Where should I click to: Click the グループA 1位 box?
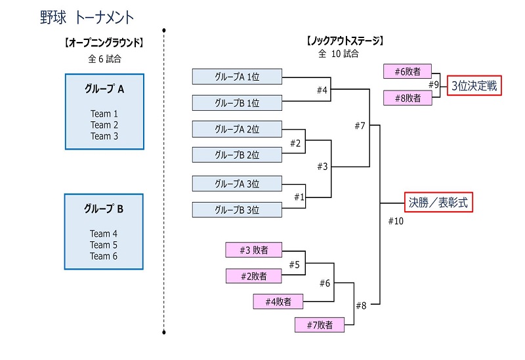pyautogui.click(x=237, y=77)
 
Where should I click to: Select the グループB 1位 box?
pyautogui.click(x=237, y=103)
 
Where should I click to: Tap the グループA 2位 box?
pyautogui.click(x=237, y=129)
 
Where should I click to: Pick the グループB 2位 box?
pyautogui.click(x=237, y=155)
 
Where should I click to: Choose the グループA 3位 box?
pyautogui.click(x=237, y=183)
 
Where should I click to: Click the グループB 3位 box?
pyautogui.click(x=237, y=210)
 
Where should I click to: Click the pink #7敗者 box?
pyautogui.click(x=320, y=325)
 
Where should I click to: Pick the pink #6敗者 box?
pyautogui.click(x=408, y=71)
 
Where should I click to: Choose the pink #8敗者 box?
pyautogui.click(x=408, y=98)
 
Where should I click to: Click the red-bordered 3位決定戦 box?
pyautogui.click(x=474, y=86)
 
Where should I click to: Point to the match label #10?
pyautogui.click(x=396, y=221)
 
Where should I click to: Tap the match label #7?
pyautogui.click(x=359, y=126)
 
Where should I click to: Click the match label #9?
pyautogui.click(x=434, y=85)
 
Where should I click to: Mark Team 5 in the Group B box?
pyautogui.click(x=104, y=245)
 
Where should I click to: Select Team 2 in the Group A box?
pyautogui.click(x=104, y=125)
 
